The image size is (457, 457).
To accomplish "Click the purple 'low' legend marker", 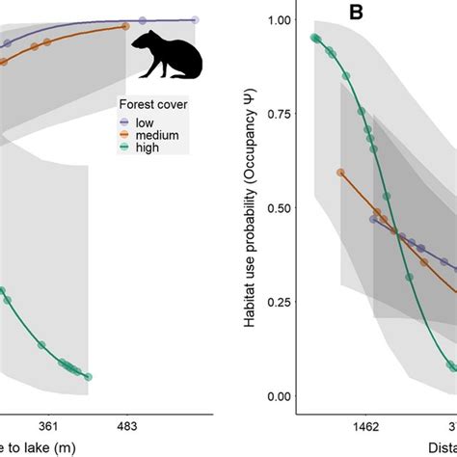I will (124, 121).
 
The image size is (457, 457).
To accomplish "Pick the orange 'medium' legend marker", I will (124, 134).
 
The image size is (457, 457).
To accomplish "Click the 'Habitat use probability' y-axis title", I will (253, 207).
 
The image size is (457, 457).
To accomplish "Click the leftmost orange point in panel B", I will (340, 173).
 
